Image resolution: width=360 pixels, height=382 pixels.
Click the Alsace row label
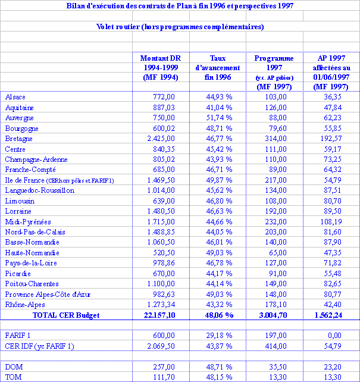[x=15, y=97]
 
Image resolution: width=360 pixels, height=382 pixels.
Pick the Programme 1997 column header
[x=274, y=72]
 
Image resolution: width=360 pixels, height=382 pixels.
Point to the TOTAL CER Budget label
[x=65, y=315]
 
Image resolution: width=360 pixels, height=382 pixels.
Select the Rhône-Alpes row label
[x=24, y=305]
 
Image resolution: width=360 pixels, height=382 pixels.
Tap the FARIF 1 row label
[x=18, y=336]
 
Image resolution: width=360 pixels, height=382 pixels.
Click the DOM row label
[x=14, y=367]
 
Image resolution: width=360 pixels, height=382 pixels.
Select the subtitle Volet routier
[x=180, y=27]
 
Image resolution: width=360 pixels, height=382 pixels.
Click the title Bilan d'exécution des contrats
[x=180, y=5]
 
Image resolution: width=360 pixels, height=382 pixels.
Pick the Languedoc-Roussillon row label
[x=39, y=190]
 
